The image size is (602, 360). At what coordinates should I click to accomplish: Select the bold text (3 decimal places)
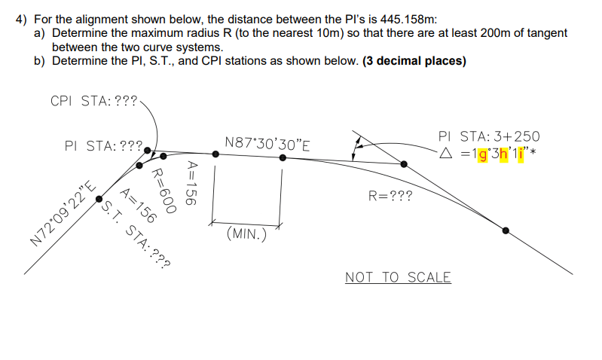pos(414,61)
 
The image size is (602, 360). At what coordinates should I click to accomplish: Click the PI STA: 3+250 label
pos(488,136)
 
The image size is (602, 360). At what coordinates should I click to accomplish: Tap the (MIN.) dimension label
pos(246,233)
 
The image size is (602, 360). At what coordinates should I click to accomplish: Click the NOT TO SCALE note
pos(398,277)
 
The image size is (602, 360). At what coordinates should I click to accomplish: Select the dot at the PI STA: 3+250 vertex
pos(403,163)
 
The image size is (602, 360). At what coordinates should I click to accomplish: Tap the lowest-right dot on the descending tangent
pos(506,230)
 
